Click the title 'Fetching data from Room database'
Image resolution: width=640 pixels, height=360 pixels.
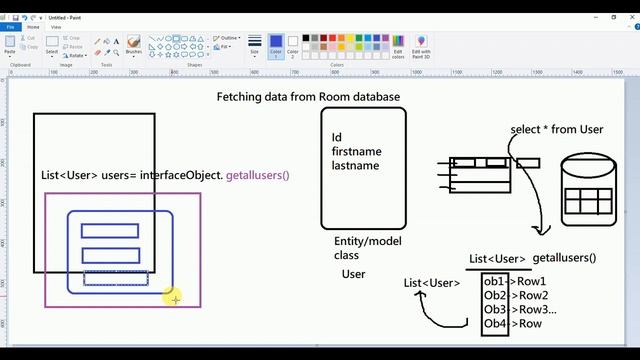308,97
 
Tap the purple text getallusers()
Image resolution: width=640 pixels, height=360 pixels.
257,175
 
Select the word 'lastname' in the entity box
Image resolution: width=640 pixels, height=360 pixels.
355,165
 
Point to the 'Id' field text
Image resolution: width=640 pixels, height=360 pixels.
337,137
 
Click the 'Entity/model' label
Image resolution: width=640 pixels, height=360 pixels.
368,242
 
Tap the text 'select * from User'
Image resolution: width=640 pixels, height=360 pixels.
556,130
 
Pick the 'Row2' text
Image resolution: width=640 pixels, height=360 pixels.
532,295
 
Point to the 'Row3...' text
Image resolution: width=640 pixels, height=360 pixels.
536,309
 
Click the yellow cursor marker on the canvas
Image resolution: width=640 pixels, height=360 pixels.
174,297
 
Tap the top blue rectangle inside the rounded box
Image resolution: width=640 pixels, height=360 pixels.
110,230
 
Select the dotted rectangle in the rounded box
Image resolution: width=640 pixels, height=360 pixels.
116,278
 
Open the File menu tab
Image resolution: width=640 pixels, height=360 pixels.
10,27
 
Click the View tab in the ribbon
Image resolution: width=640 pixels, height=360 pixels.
55,27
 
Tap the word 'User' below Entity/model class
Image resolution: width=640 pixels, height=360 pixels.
353,274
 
